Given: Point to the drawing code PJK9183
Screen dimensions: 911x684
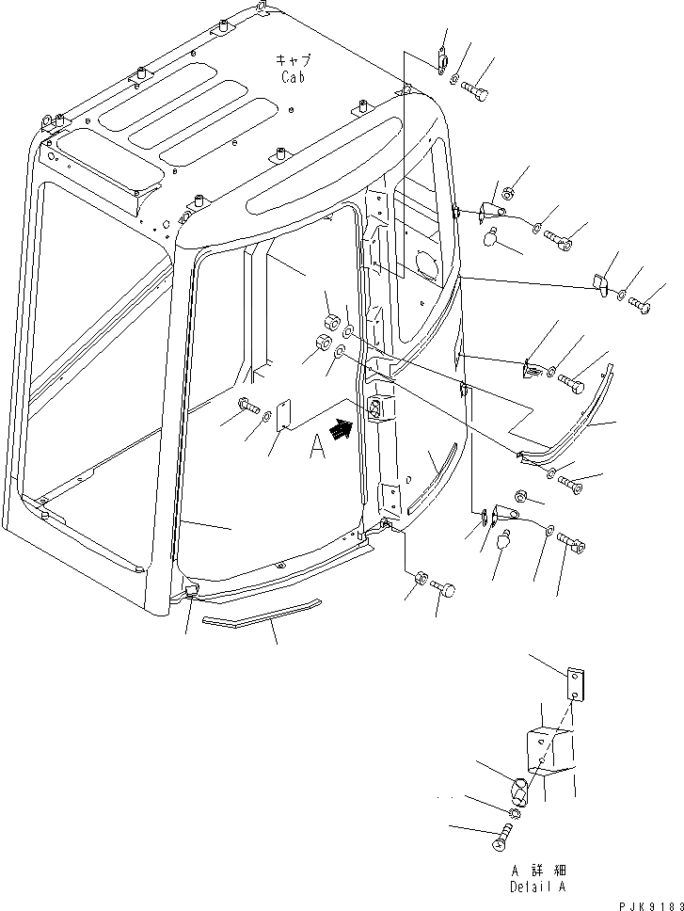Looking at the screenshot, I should [x=645, y=902].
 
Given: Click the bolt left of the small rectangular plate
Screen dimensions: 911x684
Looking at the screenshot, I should [x=248, y=406].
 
